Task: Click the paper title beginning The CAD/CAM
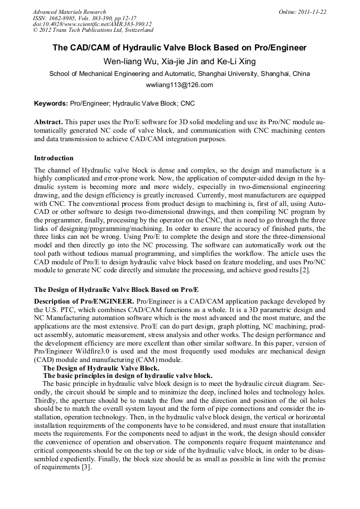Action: tap(179, 48)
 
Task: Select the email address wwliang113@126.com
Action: tap(179, 85)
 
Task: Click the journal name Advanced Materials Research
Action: tap(70, 12)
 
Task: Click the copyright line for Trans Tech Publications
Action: tap(93, 31)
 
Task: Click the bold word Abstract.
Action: tap(48, 122)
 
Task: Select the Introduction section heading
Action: tap(54, 158)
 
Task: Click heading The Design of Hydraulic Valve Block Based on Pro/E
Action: tap(116, 290)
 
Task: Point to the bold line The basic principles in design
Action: tap(127, 375)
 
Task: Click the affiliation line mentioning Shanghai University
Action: tap(179, 74)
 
